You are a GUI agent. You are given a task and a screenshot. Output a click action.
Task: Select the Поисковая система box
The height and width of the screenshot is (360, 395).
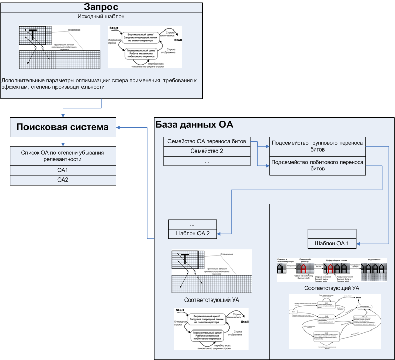[62, 127]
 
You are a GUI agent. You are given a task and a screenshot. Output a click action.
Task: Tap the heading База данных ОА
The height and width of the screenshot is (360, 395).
[194, 125]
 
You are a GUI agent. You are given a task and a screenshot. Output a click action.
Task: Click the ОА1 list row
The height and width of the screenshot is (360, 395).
[62, 170]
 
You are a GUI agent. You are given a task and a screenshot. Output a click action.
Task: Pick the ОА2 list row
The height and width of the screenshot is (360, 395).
[62, 179]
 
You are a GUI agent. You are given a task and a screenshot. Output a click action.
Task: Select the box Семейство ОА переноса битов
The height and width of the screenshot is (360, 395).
[207, 141]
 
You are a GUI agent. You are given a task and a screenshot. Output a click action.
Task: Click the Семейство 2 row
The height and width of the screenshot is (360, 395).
[207, 151]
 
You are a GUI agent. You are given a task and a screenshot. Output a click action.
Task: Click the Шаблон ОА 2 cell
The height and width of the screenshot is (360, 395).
[193, 234]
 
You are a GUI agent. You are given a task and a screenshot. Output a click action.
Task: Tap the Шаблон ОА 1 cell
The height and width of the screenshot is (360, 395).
[331, 244]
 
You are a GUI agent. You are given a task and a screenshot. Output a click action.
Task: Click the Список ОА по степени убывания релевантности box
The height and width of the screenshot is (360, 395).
[62, 156]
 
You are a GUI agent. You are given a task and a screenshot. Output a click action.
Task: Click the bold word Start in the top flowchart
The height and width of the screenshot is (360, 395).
[114, 26]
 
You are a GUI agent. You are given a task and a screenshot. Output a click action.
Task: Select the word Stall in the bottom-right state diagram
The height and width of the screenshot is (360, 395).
[358, 297]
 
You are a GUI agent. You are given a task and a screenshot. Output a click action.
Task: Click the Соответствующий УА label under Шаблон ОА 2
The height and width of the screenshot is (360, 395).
[211, 300]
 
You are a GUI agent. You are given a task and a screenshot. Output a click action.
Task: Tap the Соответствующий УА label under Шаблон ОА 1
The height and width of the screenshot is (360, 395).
[331, 288]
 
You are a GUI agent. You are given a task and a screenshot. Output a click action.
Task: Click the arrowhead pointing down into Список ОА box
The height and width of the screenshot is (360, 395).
[62, 144]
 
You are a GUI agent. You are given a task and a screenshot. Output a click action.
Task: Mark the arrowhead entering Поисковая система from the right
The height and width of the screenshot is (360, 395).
[117, 127]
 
